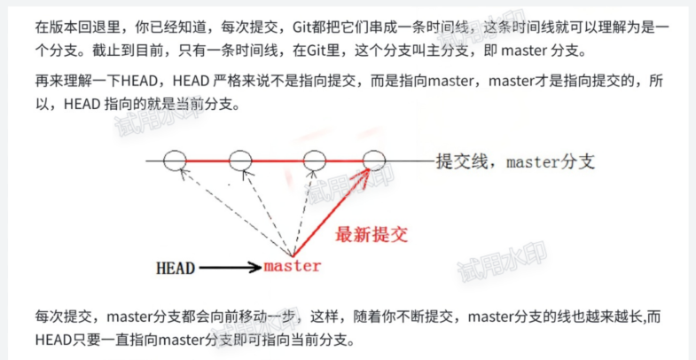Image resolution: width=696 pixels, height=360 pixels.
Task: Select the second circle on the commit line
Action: pos(241,160)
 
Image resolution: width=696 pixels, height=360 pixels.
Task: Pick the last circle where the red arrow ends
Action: pos(375,160)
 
